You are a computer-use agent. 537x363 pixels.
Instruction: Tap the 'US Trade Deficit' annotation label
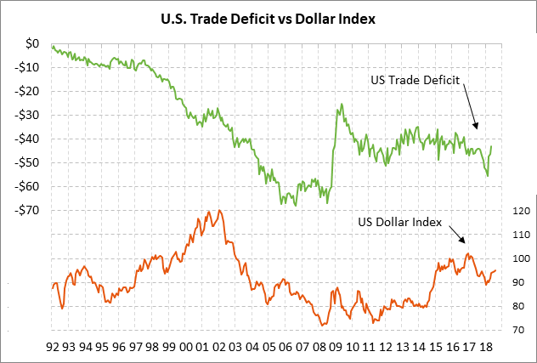pyautogui.click(x=415, y=80)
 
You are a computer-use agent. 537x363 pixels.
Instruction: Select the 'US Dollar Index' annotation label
pyautogui.click(x=400, y=223)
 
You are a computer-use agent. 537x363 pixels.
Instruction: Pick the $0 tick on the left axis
pyautogui.click(x=32, y=43)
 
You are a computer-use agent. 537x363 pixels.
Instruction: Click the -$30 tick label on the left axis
pyautogui.click(x=29, y=115)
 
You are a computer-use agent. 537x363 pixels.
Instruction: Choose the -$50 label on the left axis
pyautogui.click(x=29, y=162)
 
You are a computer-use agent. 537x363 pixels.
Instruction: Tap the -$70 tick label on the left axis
pyautogui.click(x=29, y=210)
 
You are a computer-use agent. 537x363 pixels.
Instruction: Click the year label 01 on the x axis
pyautogui.click(x=203, y=348)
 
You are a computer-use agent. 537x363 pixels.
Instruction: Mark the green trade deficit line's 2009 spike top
pyautogui.click(x=342, y=105)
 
